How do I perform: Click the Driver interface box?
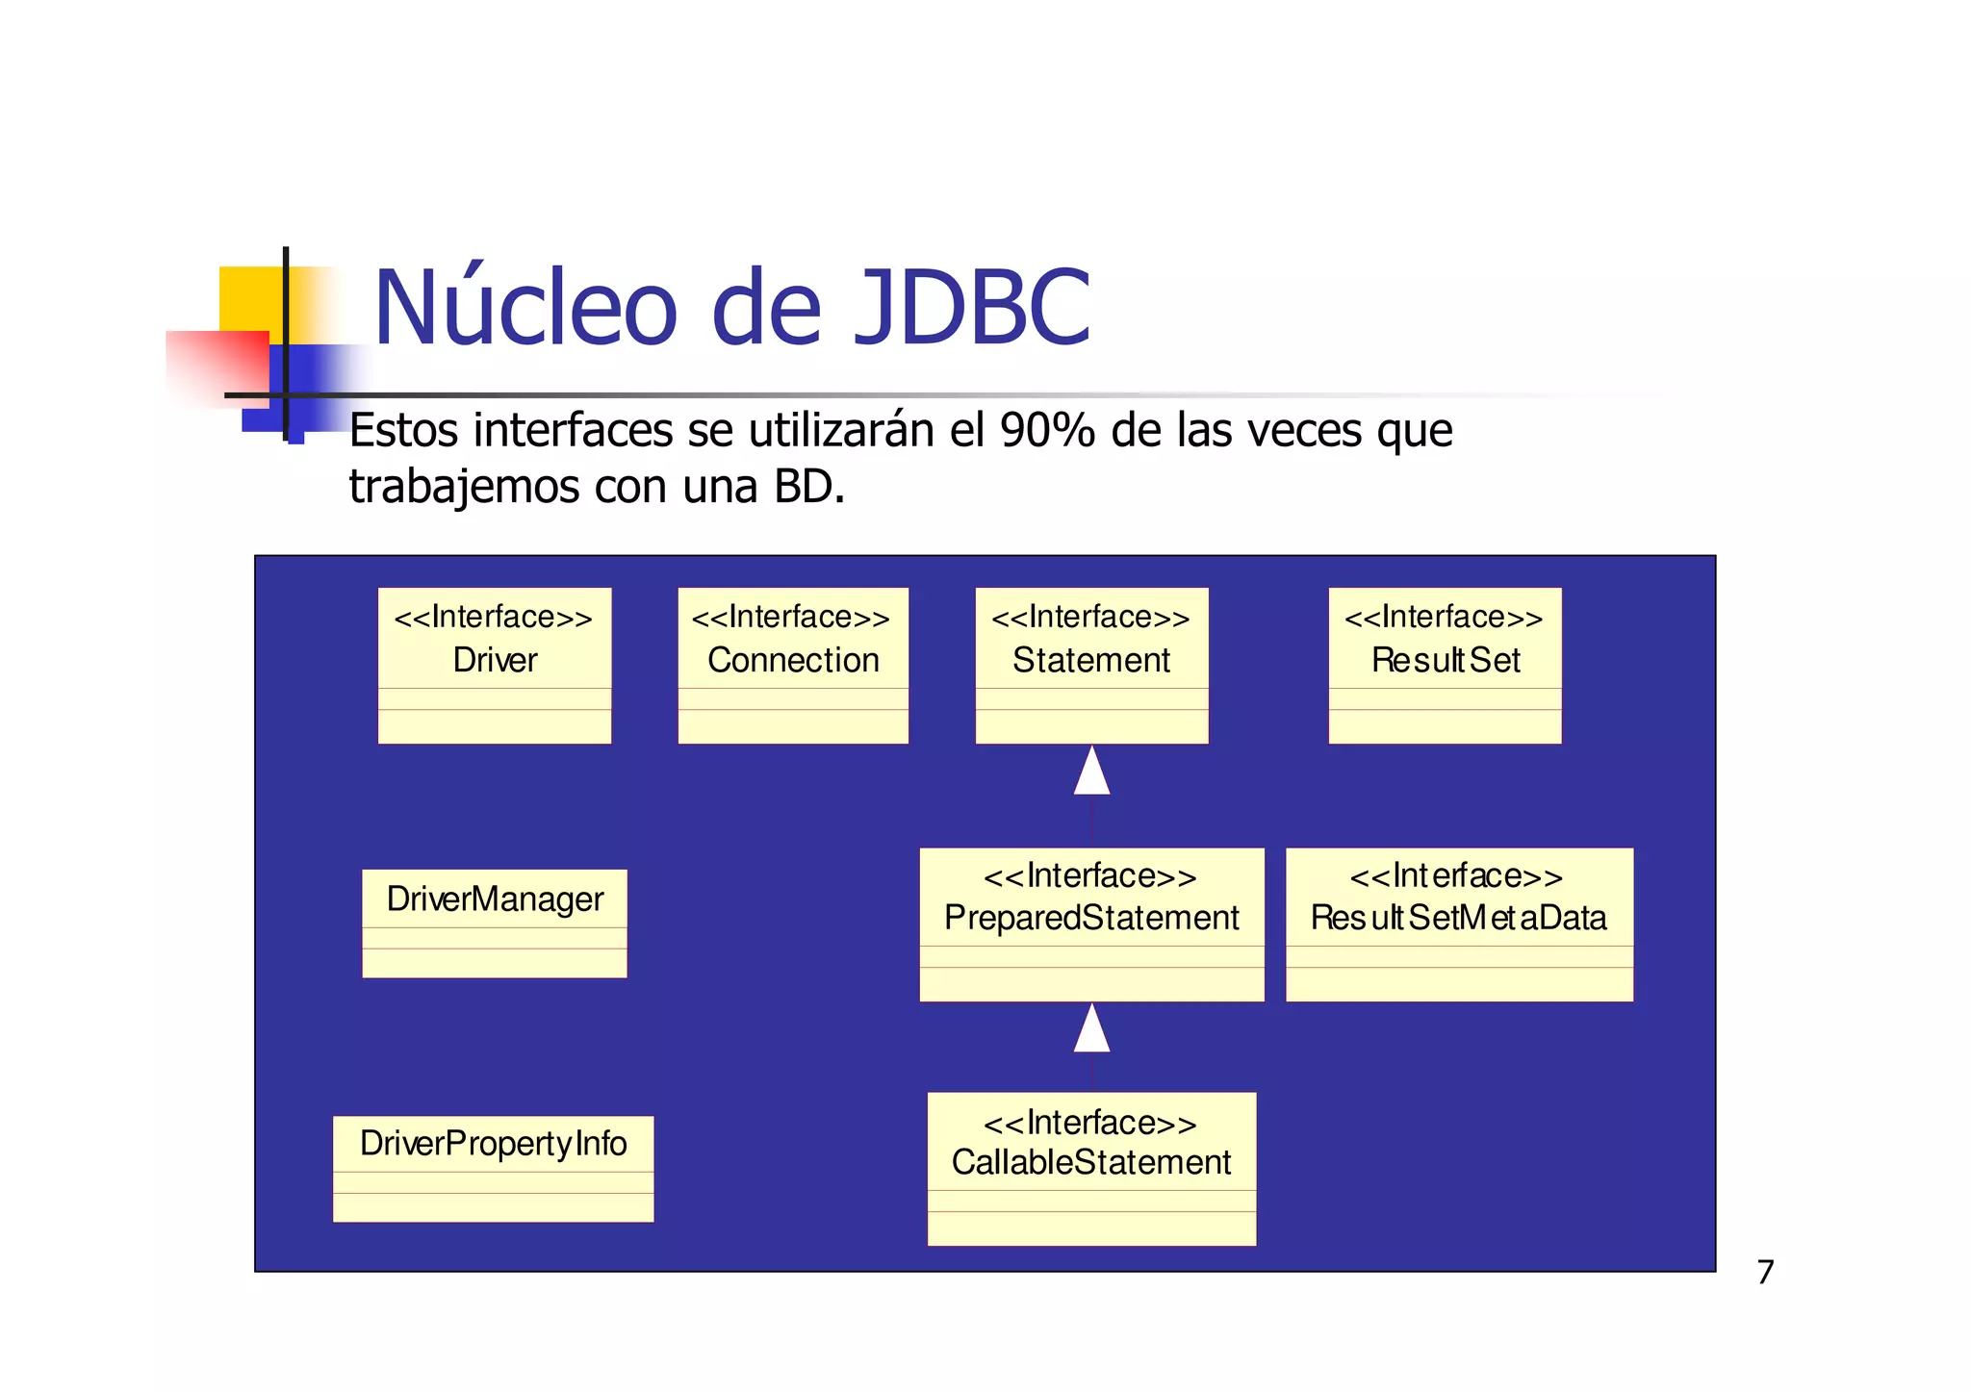point(494,665)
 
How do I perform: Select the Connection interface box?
point(793,665)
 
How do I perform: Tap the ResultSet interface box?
point(1445,665)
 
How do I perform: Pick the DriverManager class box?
point(494,923)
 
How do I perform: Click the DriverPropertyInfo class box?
point(493,1168)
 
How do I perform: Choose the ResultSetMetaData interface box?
point(1459,924)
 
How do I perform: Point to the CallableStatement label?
point(1091,1162)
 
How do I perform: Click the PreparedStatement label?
point(1091,918)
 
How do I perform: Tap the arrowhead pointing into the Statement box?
point(1091,772)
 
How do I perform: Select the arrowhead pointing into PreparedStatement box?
point(1091,1029)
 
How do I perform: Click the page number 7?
point(1765,1272)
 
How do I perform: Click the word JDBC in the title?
point(972,308)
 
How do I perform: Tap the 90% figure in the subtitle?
point(1047,430)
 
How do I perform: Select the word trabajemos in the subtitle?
point(464,487)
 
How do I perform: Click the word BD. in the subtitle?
point(809,487)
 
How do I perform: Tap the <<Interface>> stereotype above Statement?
point(1091,617)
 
